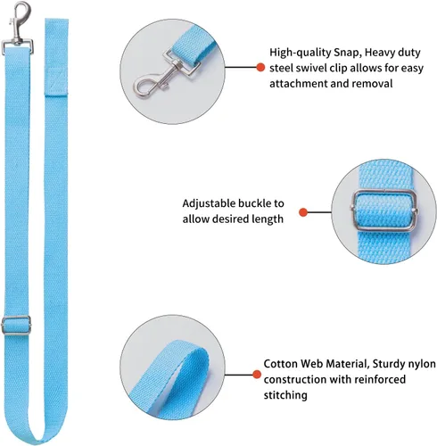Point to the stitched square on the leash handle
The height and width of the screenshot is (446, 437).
tap(56, 80)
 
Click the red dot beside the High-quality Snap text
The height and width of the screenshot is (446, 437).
tap(260, 67)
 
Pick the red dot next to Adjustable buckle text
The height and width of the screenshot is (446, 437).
tap(303, 212)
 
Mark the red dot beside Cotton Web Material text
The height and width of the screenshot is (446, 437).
tap(257, 375)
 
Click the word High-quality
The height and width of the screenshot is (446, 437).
tap(301, 53)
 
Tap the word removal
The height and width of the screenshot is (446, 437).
tap(372, 84)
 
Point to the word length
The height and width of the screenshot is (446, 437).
tap(268, 219)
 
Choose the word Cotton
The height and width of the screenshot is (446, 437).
tap(280, 364)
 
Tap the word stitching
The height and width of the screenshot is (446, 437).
tap(285, 395)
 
